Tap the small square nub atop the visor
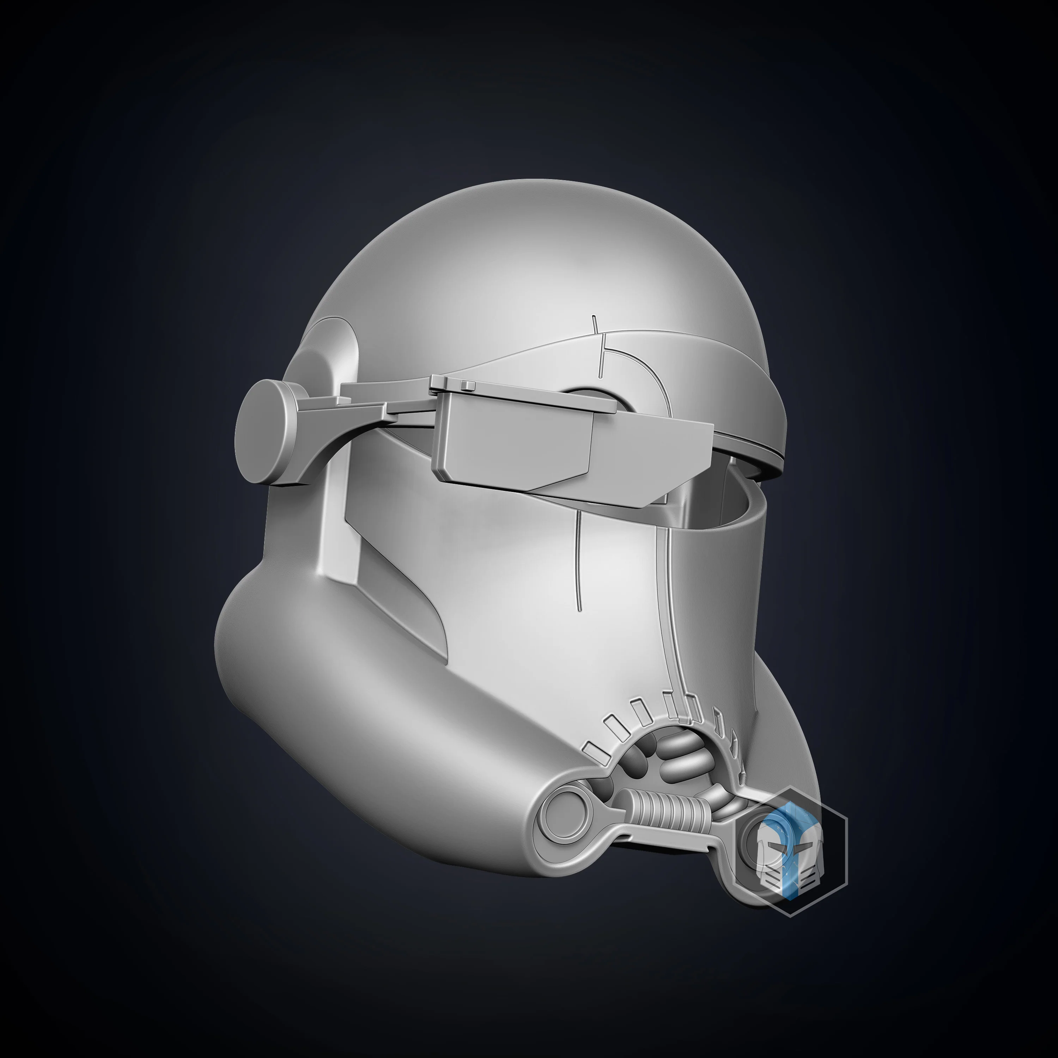pos(467,385)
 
